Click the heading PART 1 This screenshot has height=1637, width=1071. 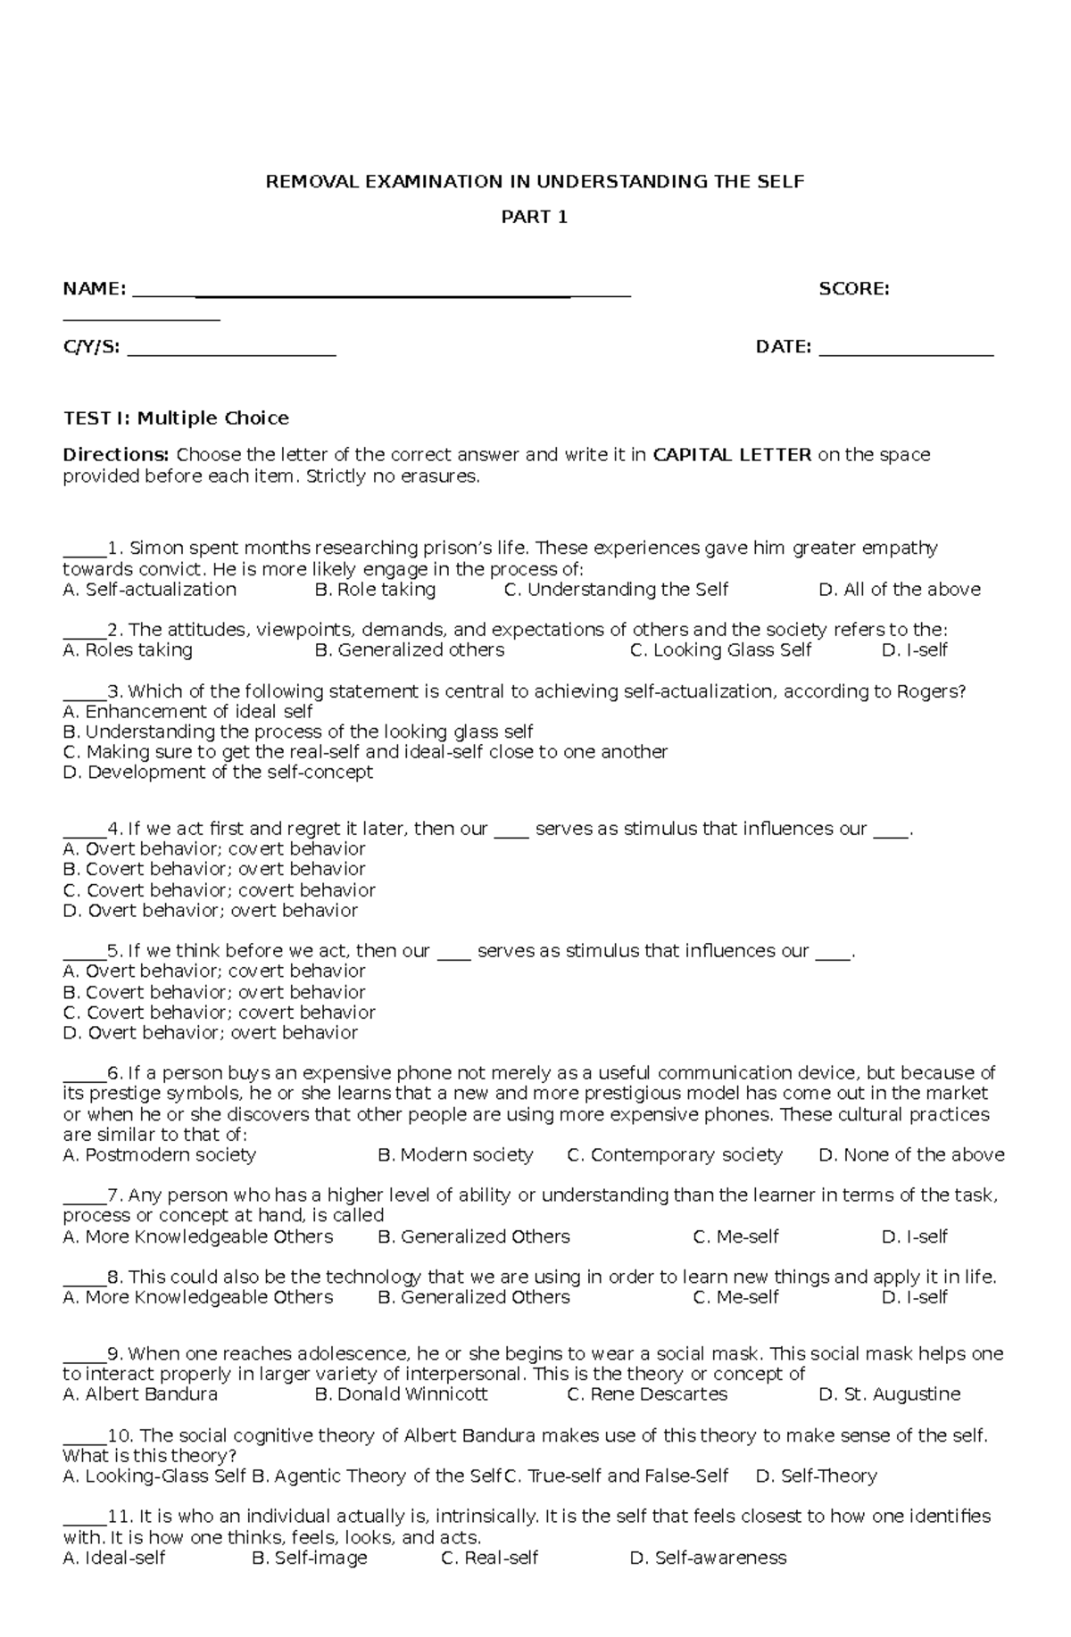[535, 217]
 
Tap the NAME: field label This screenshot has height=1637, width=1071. [94, 289]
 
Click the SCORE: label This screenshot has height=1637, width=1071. [853, 289]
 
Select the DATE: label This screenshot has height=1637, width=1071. [783, 347]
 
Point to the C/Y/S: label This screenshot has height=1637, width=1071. [91, 347]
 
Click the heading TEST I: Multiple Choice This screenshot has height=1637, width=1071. [176, 418]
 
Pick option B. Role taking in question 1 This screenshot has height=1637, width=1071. [375, 590]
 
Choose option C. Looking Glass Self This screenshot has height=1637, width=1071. [720, 650]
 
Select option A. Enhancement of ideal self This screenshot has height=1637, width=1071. [187, 712]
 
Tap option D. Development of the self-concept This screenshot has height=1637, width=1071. [218, 773]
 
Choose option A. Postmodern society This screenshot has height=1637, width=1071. [159, 1155]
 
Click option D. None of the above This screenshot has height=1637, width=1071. [911, 1155]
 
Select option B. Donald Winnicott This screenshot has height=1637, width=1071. [402, 1394]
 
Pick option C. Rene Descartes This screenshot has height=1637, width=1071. [647, 1394]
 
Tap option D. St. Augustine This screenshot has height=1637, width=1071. [889, 1394]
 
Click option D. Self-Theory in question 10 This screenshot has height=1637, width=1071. [816, 1476]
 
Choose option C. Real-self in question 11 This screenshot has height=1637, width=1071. [490, 1558]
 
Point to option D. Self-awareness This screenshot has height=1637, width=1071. [708, 1558]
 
